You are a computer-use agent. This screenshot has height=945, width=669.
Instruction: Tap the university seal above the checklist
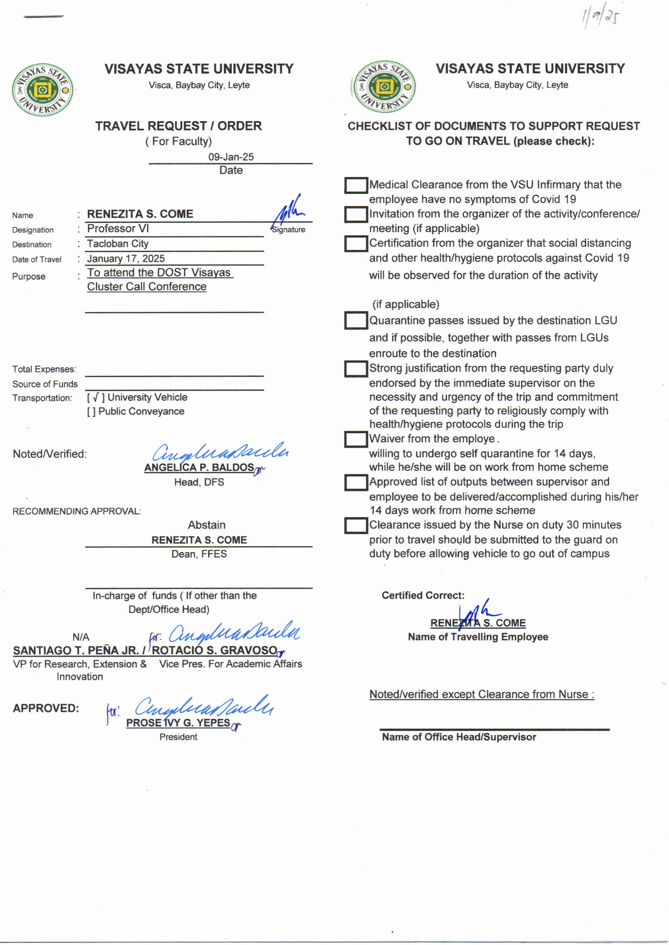click(383, 87)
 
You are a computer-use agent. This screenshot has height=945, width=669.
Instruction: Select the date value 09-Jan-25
click(231, 157)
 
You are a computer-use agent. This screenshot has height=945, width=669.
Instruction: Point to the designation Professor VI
click(118, 229)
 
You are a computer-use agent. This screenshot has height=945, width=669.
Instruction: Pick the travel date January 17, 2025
click(126, 258)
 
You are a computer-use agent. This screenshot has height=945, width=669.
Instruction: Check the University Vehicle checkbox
click(95, 397)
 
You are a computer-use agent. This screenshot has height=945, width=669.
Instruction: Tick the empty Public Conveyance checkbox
click(91, 411)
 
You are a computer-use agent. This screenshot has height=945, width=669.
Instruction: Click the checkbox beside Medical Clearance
click(356, 185)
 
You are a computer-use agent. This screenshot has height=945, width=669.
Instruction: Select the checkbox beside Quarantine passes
click(356, 321)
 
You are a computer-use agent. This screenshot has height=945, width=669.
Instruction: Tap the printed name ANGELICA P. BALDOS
click(199, 467)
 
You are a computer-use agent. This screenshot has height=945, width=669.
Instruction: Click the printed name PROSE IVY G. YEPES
click(178, 723)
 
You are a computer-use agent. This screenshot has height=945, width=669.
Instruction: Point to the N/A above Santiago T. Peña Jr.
click(81, 637)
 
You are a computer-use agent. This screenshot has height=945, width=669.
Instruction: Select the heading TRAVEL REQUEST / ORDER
click(178, 126)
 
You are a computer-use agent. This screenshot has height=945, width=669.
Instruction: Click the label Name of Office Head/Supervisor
click(459, 737)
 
